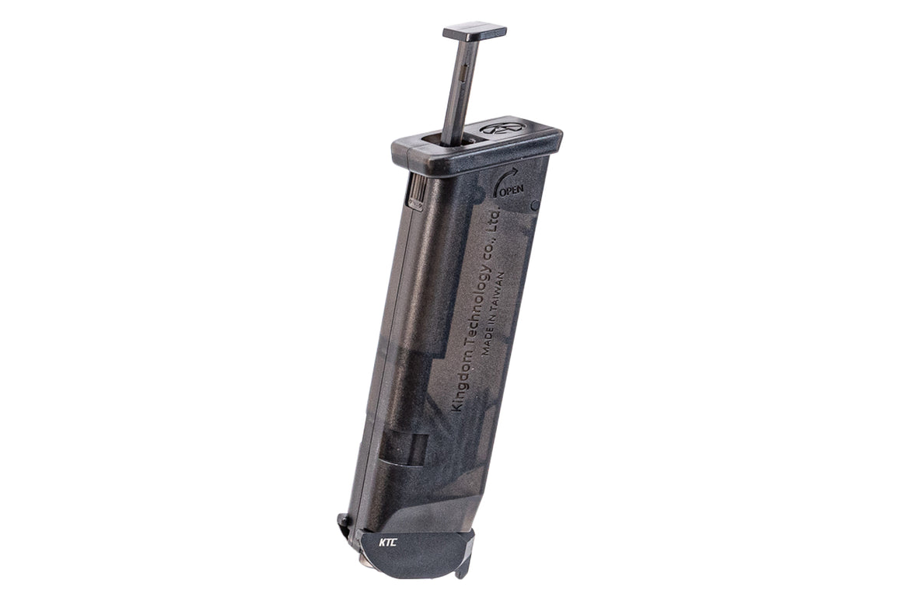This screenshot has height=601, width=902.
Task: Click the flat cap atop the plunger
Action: coord(474,32)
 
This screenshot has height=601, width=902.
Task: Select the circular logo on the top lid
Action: coord(501,128)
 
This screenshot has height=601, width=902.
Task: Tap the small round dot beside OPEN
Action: coord(535,206)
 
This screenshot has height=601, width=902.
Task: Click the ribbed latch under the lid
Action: coord(417,191)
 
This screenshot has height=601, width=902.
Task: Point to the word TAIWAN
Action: coord(501,292)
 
